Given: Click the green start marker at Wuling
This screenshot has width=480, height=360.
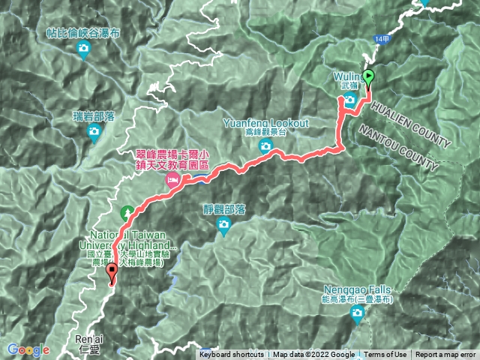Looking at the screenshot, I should [368, 77].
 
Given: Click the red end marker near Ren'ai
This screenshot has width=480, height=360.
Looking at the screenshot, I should [112, 274].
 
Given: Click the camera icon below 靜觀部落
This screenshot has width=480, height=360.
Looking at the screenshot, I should [223, 226].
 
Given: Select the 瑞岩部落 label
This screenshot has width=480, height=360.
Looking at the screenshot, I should [94, 116].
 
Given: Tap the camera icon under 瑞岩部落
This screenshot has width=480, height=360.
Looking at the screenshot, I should [94, 133].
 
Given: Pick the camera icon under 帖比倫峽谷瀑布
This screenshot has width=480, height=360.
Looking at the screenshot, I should [84, 50].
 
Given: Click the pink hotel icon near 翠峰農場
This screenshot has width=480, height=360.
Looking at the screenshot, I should [172, 180].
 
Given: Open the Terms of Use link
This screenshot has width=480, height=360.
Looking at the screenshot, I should [386, 355].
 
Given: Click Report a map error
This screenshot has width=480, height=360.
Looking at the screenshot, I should [446, 355].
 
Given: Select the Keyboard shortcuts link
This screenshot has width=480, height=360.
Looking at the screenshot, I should [232, 355].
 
